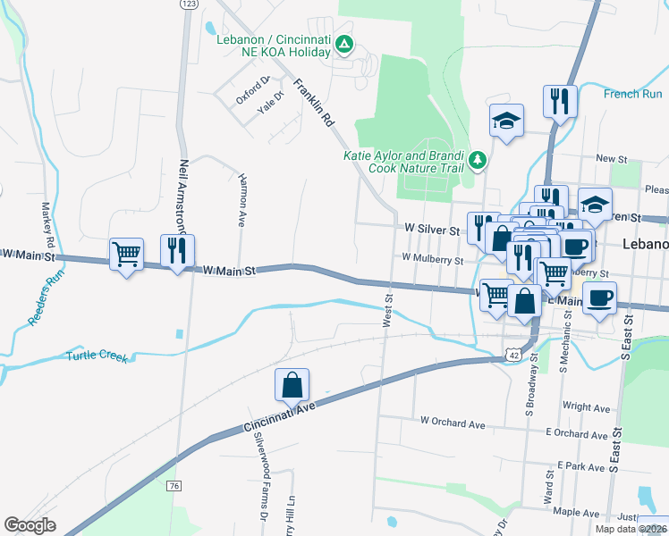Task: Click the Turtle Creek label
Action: coord(97,356)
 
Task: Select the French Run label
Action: coord(632,94)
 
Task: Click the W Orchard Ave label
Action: coord(452,421)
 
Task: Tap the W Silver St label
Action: coord(432,230)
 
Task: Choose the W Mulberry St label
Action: coord(432,259)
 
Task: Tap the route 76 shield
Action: coord(174,485)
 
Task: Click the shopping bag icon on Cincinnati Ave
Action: coord(292,386)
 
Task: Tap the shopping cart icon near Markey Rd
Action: coord(126,254)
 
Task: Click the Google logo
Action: coord(30,525)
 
